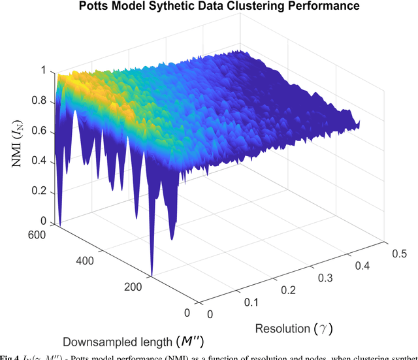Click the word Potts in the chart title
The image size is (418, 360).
[x=94, y=7]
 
